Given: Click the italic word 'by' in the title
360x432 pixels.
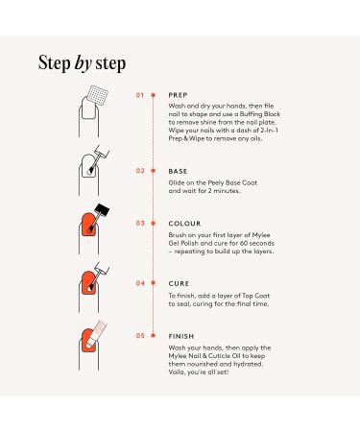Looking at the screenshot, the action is (84, 63).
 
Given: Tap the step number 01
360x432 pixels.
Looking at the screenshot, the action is (140, 95).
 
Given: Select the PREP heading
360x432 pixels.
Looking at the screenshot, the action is (178, 95).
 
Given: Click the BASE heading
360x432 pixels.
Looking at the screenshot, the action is (178, 171).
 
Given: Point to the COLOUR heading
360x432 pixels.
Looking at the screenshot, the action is (184, 224).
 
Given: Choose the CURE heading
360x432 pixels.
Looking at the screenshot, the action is (179, 283).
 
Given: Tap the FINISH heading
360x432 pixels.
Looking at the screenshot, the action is (181, 336).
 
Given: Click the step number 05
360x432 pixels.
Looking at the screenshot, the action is (140, 336).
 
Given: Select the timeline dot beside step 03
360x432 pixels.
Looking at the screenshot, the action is (154, 223).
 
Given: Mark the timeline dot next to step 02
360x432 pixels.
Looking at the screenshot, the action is (154, 171).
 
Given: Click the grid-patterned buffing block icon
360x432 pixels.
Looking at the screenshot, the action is (98, 96).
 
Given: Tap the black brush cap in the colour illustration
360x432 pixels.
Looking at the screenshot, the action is (102, 210).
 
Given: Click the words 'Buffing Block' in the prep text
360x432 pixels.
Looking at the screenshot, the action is (260, 114).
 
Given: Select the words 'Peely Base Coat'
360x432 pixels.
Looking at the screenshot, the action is (232, 182).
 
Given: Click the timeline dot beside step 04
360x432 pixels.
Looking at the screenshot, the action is (154, 283).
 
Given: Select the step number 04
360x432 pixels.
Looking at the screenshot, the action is (140, 283).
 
